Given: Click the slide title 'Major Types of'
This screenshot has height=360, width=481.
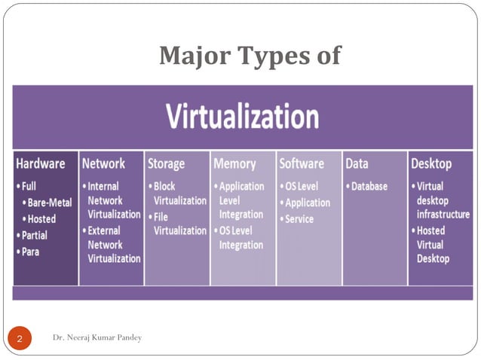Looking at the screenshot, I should [x=250, y=56].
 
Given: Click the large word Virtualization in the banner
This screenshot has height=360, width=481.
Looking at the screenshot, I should [x=242, y=117].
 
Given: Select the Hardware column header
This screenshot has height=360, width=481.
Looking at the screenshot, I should [x=41, y=163].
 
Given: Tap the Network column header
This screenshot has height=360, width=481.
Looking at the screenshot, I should [x=103, y=163].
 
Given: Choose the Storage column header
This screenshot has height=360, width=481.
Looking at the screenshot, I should [x=167, y=163].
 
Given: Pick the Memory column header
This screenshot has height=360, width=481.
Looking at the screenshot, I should [x=234, y=163].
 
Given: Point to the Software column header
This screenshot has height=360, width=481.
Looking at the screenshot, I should [x=302, y=163].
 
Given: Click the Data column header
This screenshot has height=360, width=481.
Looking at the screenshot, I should [x=357, y=163].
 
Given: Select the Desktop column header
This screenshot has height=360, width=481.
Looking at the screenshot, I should [x=430, y=163].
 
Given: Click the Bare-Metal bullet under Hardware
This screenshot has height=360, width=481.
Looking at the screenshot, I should [x=50, y=203].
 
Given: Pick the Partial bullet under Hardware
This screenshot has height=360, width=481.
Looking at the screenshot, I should [x=34, y=234].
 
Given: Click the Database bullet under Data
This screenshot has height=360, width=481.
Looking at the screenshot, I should [x=368, y=186].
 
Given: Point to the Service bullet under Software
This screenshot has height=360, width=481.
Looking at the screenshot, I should [x=299, y=219].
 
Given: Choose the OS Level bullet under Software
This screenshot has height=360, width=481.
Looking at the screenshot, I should [x=302, y=186].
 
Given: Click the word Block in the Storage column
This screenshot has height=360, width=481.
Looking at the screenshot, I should [x=167, y=186].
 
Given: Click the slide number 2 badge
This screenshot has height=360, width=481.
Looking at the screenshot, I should [x=20, y=340].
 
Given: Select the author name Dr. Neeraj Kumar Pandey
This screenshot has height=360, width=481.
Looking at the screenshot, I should [x=97, y=337].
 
